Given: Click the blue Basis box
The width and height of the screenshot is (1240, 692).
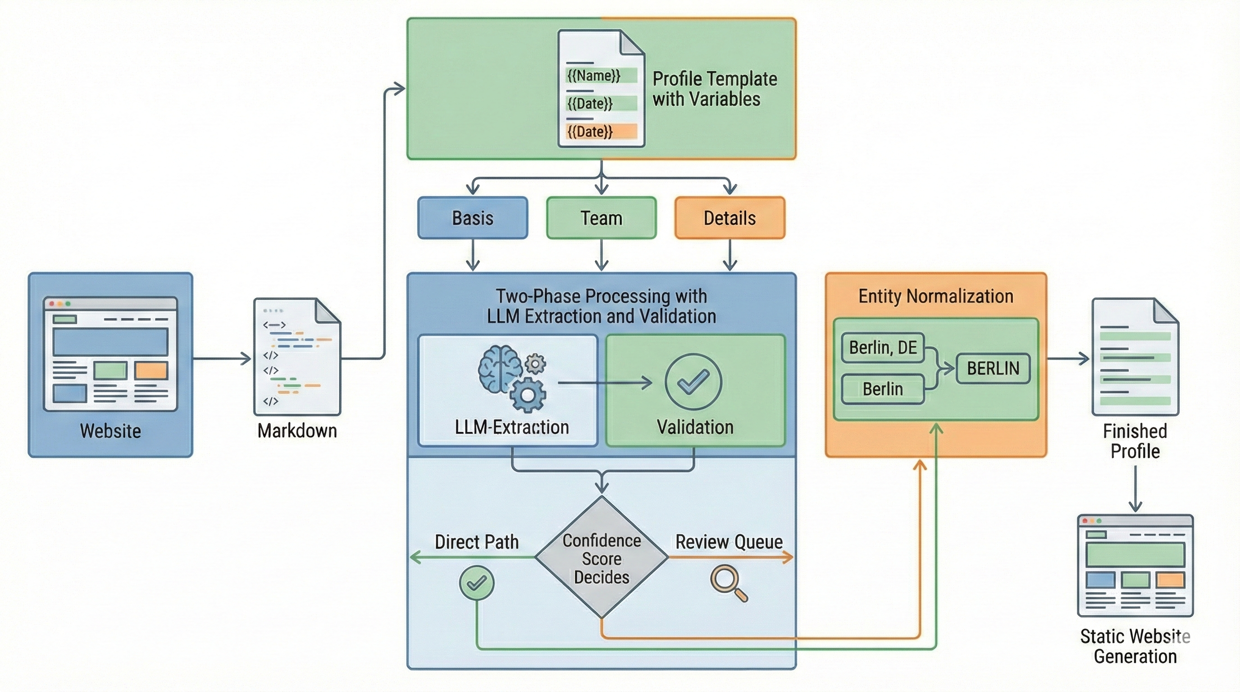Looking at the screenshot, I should pos(473,218).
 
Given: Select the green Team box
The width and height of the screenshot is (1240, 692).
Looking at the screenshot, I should pos(601,218).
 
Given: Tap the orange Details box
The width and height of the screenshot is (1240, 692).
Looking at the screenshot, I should pos(730,218).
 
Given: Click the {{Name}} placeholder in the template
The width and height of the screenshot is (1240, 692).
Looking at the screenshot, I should pos(594,76).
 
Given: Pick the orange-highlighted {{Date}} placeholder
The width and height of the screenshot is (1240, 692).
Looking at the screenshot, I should pos(590,132).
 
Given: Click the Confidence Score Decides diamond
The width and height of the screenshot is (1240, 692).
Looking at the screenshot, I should pos(602,558).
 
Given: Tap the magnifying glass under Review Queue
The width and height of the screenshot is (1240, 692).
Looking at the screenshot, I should pos(728,583).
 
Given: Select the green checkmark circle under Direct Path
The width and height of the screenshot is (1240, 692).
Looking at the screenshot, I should pos(477,583).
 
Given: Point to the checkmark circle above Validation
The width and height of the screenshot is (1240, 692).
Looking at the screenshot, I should pos(693,381).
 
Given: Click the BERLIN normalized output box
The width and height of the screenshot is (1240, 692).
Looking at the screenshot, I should pos(993,369).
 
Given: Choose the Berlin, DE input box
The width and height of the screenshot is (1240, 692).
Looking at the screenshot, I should pos(883,347).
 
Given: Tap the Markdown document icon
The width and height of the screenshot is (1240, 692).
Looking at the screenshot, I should pos(297,356).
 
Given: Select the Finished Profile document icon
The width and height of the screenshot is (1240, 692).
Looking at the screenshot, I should pos(1135,356).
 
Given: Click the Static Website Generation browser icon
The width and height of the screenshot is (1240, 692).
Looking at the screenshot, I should pos(1135,565).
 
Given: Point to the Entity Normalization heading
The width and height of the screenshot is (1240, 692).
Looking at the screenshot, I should pos(936,296).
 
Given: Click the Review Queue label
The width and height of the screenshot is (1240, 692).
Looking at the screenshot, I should pos(729,542).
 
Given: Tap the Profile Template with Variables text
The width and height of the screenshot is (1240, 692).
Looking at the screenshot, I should pos(714,89).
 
